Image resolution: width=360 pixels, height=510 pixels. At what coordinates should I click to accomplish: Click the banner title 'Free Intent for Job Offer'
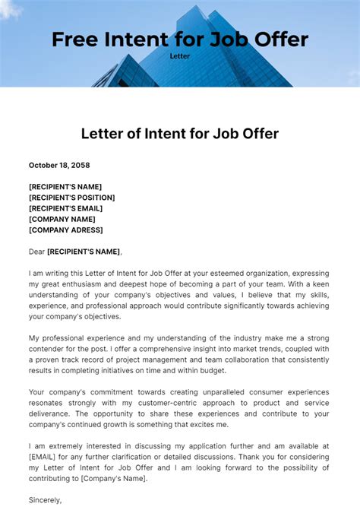tap(179, 40)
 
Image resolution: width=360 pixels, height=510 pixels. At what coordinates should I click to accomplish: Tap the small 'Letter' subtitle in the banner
tap(179, 55)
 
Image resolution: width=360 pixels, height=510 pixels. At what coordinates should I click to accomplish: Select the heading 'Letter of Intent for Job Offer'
tap(180, 135)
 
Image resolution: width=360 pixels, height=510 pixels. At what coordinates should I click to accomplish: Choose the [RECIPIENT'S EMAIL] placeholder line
tap(66, 208)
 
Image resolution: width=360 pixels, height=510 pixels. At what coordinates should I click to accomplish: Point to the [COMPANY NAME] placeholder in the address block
tap(62, 219)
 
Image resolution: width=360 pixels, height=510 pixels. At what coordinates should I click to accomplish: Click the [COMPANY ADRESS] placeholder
tap(66, 230)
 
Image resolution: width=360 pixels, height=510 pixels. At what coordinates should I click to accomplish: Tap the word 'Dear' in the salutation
tap(36, 252)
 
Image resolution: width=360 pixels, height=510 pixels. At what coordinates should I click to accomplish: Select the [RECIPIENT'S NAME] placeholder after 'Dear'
tap(84, 252)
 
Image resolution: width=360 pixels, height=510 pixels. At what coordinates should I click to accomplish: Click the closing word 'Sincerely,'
tap(46, 500)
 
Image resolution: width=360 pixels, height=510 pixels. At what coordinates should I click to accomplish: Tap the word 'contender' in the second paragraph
tap(49, 349)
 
